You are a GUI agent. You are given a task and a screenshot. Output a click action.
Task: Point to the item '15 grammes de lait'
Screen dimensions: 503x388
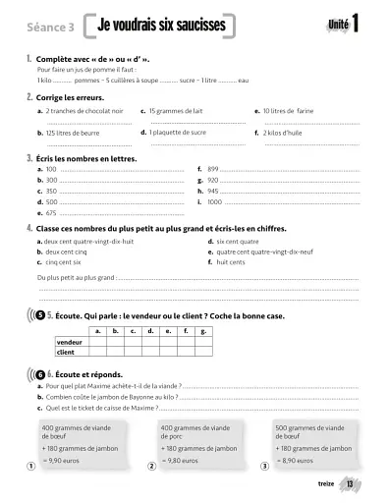coord(182,112)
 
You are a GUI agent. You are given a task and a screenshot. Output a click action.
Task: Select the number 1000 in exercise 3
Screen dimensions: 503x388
coord(215,201)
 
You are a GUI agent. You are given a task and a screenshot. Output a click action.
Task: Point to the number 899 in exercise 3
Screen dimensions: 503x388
coord(213,169)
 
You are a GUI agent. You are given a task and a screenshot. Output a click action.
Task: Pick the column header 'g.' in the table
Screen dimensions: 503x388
coord(202,331)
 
